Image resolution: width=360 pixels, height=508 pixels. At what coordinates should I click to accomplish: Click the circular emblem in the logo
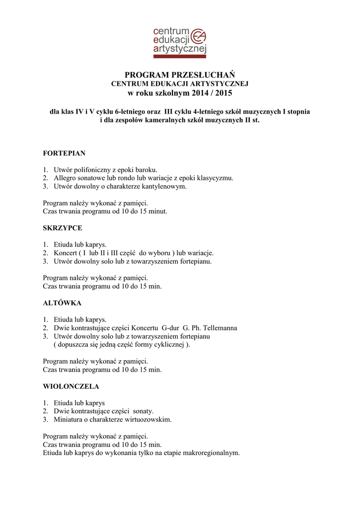tap(199, 36)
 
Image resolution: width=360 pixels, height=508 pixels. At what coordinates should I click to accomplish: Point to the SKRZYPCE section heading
tap(63, 228)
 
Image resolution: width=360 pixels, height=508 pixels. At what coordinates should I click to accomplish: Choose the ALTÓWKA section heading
tap(62, 303)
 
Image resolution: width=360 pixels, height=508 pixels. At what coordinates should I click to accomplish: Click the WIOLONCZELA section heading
tap(71, 386)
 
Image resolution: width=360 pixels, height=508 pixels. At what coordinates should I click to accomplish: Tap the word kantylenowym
tap(164, 186)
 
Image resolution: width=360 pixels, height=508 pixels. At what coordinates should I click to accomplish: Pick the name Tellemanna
tap(216, 328)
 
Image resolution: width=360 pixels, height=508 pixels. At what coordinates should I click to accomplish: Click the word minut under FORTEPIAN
tap(157, 211)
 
